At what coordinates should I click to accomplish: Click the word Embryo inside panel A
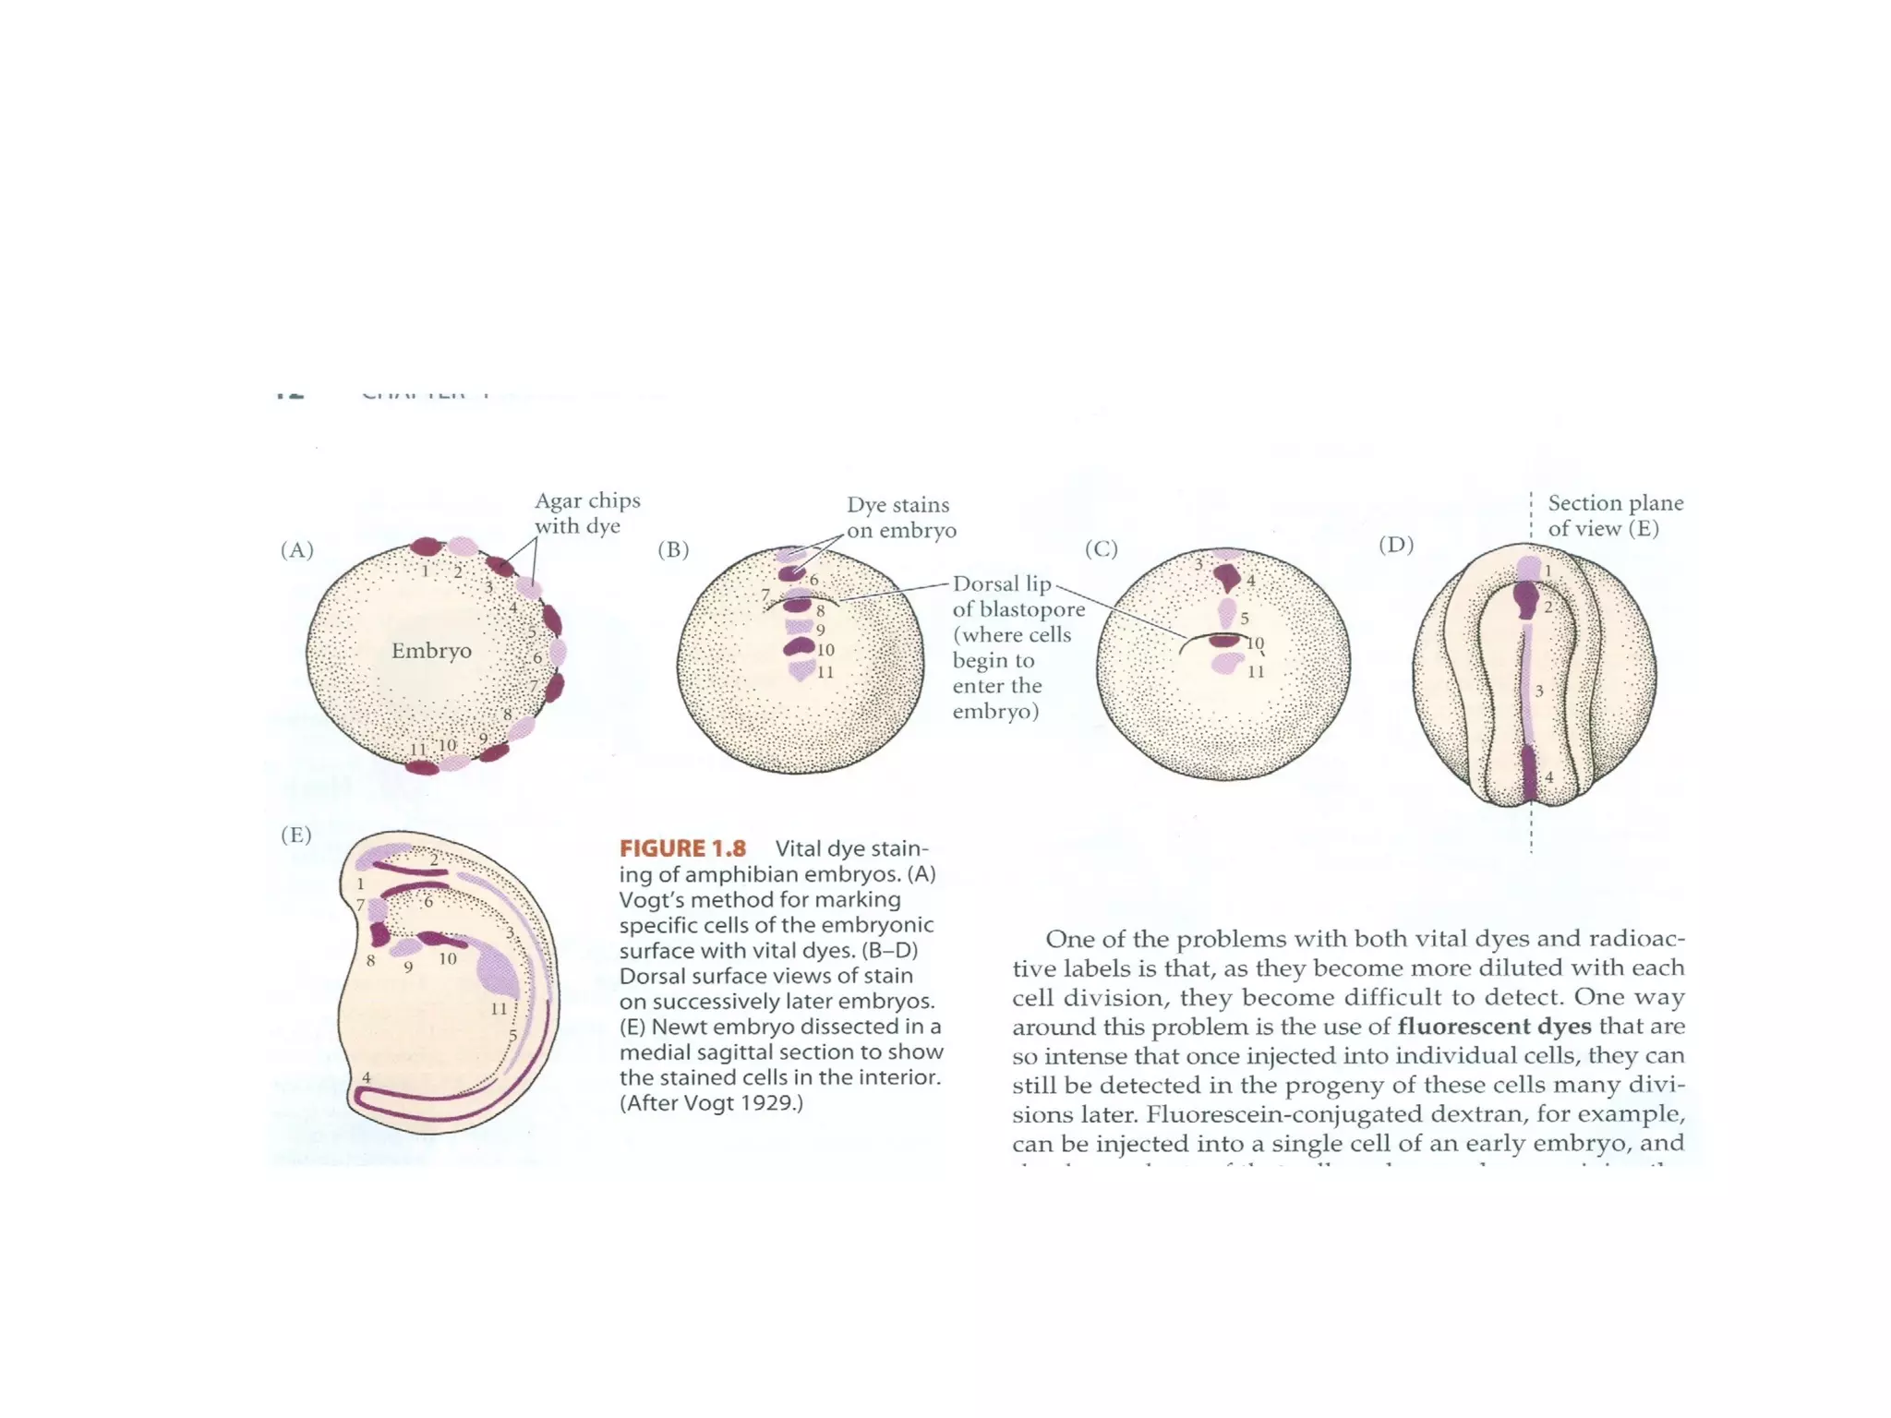(x=431, y=651)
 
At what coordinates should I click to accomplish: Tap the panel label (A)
(x=296, y=549)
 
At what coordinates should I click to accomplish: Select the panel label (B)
(x=673, y=549)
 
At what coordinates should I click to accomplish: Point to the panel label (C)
(x=1101, y=548)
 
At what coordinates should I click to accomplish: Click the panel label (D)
(x=1395, y=545)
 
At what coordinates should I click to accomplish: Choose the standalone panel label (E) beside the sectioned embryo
(x=296, y=835)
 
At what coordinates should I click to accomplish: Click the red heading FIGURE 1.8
(x=682, y=848)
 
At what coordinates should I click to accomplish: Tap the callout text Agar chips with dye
(x=587, y=513)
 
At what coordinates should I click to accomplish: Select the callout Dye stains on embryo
(x=900, y=517)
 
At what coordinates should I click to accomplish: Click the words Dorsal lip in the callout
(x=1002, y=583)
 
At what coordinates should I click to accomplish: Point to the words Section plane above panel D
(x=1615, y=503)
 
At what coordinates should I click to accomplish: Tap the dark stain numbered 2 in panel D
(x=1525, y=601)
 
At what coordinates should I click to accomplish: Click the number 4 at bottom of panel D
(x=1549, y=777)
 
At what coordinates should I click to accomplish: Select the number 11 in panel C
(x=1256, y=672)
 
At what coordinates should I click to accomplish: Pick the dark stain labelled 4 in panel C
(x=1227, y=578)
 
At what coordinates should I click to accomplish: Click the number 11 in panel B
(x=825, y=672)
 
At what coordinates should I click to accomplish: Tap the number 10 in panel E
(x=448, y=959)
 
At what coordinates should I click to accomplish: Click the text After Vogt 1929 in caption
(x=712, y=1103)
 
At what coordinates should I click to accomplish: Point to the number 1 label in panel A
(x=425, y=571)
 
